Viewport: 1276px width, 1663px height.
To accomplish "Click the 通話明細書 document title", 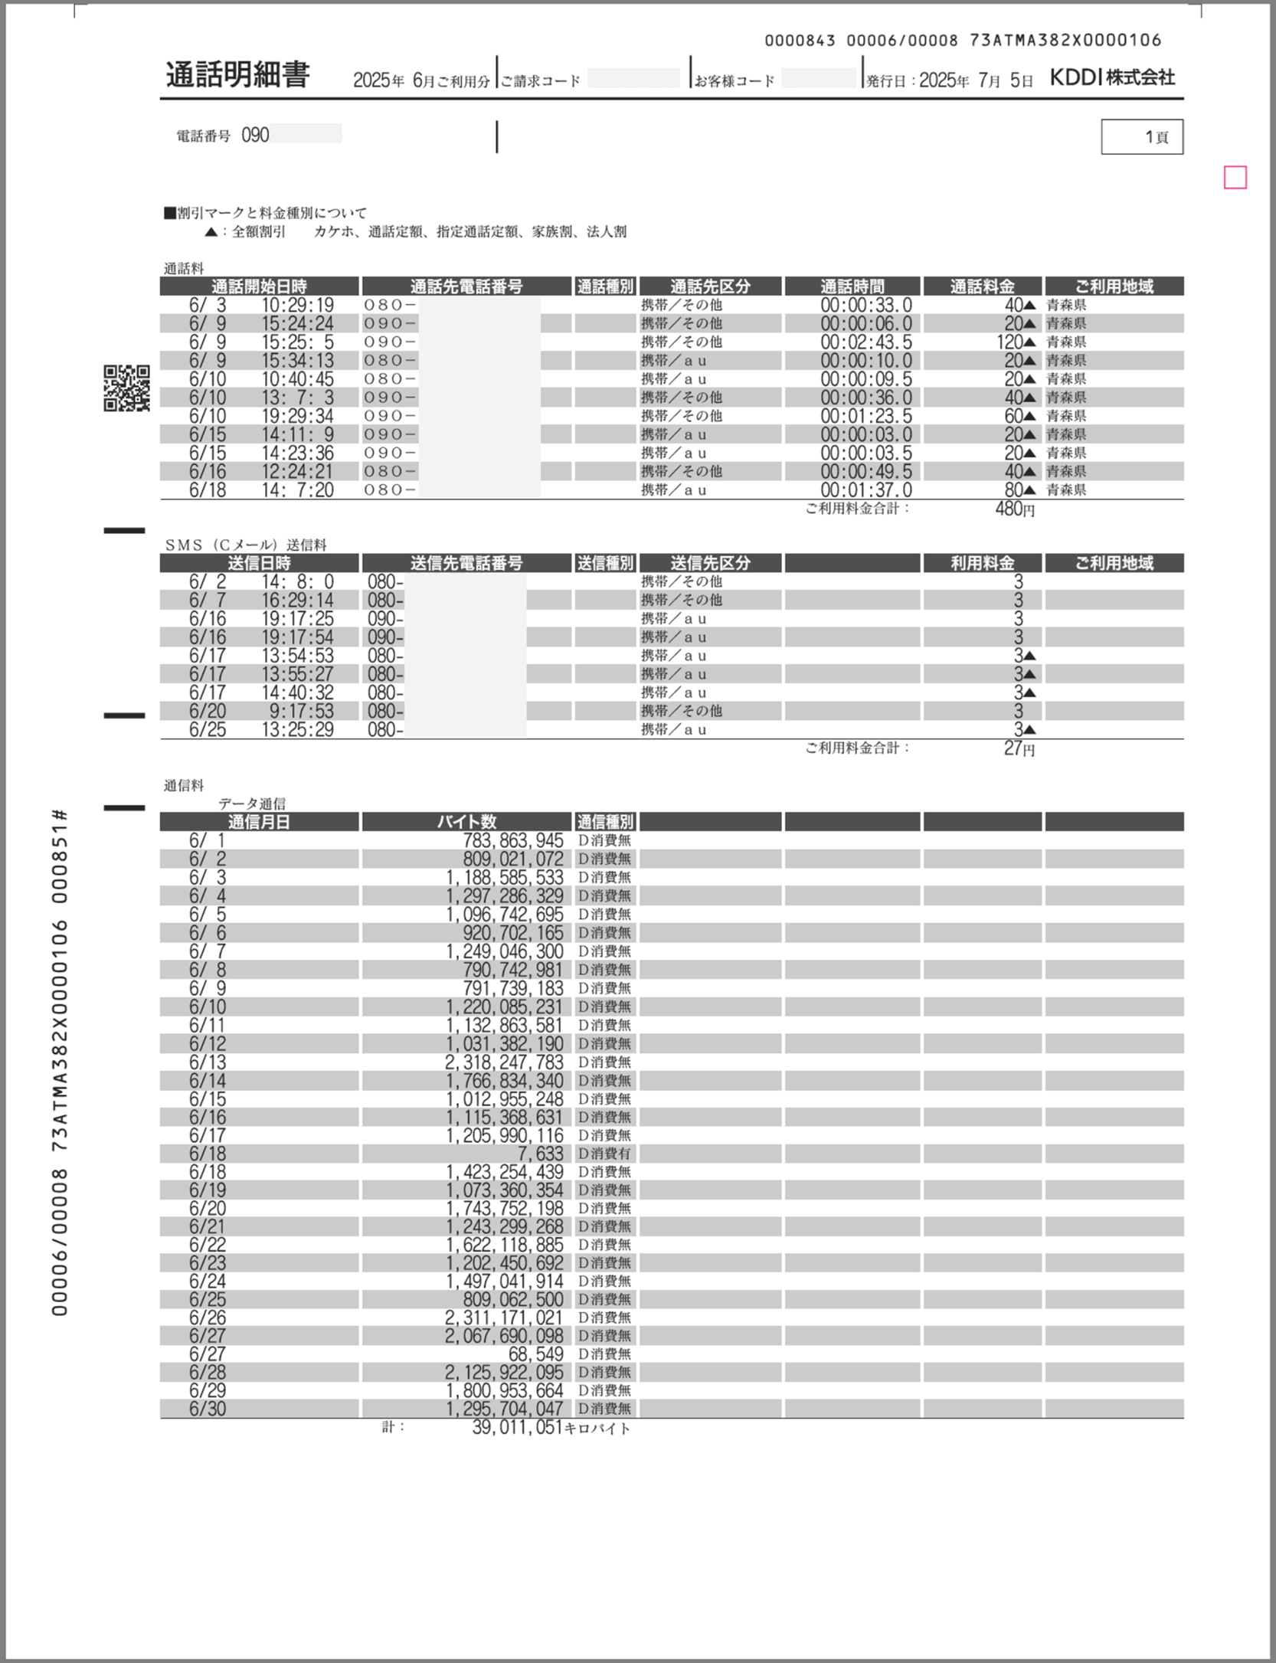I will point(237,75).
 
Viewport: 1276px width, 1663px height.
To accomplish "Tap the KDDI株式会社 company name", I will point(1111,77).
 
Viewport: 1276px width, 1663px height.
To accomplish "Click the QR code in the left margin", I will point(126,388).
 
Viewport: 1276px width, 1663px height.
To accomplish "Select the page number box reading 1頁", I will point(1142,137).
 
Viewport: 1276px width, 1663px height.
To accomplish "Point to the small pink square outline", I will point(1235,178).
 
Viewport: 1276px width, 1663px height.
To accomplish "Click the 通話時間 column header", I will point(852,286).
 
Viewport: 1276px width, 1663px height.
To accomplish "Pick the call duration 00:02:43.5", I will point(866,342).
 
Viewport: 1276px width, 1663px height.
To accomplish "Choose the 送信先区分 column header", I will point(710,564).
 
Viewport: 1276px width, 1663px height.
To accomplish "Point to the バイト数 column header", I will point(466,822).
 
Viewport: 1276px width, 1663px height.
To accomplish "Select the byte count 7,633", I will point(539,1154).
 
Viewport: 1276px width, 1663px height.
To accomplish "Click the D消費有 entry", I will point(604,1154).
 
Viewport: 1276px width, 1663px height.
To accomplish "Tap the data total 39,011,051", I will point(518,1427).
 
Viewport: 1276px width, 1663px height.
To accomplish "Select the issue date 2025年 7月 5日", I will point(976,80).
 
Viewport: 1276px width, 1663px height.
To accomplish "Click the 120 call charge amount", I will point(1009,342).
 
